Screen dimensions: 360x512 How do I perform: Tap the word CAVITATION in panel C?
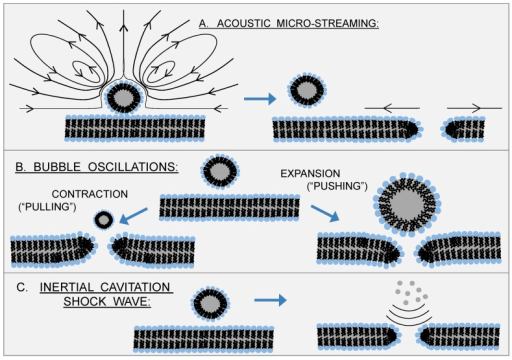click(x=129, y=287)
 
